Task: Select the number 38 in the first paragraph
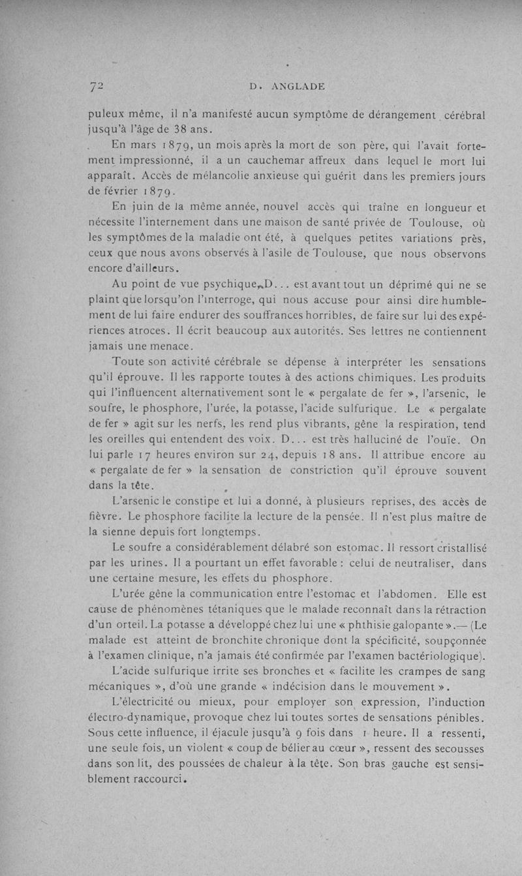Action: click(170, 128)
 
